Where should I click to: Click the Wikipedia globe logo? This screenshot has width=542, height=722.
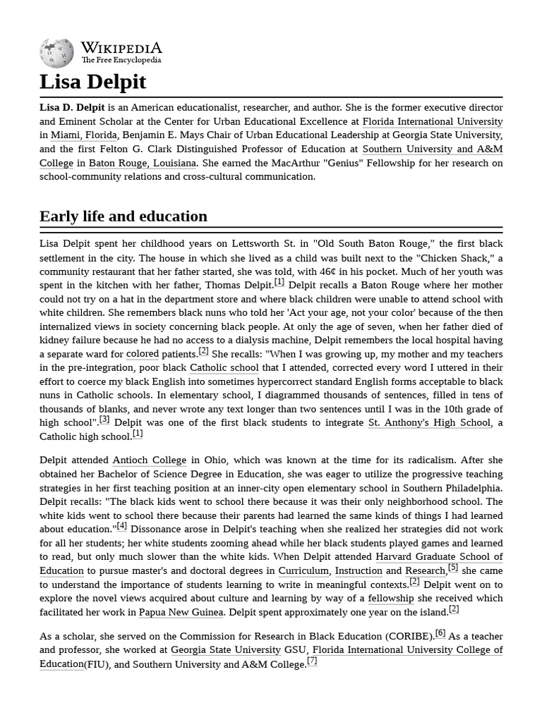tap(56, 53)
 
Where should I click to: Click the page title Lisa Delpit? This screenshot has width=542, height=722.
tap(92, 82)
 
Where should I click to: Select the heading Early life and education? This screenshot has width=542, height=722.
tap(124, 216)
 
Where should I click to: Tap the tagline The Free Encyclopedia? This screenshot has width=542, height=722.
tap(121, 61)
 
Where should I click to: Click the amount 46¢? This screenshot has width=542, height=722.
tap(327, 271)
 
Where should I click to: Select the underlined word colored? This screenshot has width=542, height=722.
tap(143, 354)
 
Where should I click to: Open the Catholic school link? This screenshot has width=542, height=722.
tap(224, 367)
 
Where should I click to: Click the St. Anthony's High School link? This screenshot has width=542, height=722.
tap(429, 422)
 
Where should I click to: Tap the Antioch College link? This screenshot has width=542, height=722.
tap(150, 460)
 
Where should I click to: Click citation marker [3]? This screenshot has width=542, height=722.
tap(104, 420)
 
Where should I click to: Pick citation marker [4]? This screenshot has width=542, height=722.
tap(122, 526)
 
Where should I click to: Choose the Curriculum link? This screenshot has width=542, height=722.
tap(303, 570)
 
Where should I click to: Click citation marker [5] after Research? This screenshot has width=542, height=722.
tap(453, 568)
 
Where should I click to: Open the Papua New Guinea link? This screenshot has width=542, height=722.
tap(181, 612)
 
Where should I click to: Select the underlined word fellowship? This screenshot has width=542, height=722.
tap(391, 598)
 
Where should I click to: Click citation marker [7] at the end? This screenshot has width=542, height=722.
tap(312, 661)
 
